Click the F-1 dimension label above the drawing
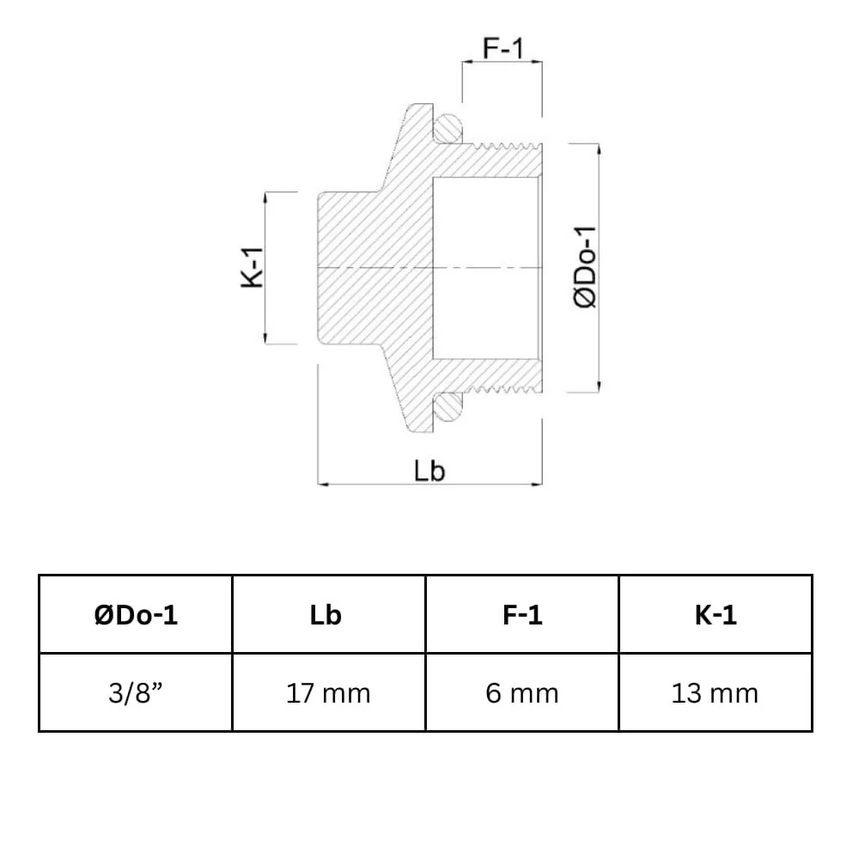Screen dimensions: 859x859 (x=503, y=48)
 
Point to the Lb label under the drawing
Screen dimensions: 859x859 (x=429, y=471)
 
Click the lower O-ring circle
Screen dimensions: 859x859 (x=448, y=407)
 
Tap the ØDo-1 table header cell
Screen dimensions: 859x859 (x=136, y=614)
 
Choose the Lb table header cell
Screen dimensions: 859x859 (x=329, y=614)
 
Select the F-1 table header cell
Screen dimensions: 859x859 (x=522, y=614)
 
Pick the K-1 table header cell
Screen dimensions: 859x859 (x=716, y=614)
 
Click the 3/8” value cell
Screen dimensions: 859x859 (x=136, y=692)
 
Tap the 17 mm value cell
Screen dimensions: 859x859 (x=329, y=692)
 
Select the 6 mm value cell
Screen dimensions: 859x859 (x=522, y=692)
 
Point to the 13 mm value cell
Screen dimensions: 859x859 (x=716, y=692)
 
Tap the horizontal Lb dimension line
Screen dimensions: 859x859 (x=378, y=484)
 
